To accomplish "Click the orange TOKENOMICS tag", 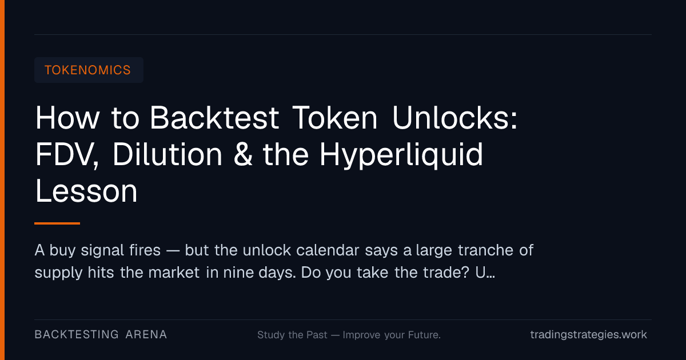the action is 88,70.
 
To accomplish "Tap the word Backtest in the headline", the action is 214,118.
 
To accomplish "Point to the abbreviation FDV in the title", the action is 67,155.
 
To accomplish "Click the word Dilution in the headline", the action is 167,154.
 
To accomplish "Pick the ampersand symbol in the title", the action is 242,155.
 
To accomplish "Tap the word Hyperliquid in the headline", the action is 401,155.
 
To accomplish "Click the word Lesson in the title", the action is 86,191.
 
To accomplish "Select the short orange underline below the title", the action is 57,223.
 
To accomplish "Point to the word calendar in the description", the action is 328,250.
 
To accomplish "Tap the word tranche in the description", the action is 485,250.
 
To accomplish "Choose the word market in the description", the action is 174,272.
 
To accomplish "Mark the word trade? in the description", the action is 446,272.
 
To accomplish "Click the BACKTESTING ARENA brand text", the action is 101,335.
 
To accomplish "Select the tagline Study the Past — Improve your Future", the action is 349,335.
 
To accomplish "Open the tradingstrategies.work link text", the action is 588,335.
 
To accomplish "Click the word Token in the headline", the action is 335,118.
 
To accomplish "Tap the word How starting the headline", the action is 67,118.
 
